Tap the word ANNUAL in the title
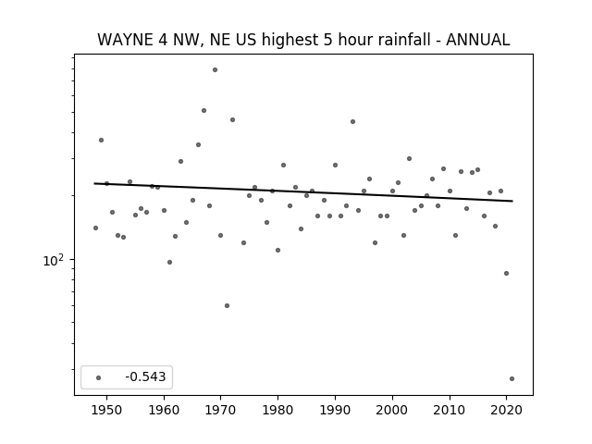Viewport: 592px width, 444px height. [x=478, y=40]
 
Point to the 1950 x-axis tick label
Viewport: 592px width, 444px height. [x=107, y=410]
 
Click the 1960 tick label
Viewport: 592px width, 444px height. [x=164, y=410]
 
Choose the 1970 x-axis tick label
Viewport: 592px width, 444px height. [x=221, y=410]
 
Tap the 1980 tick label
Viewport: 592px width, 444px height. [x=277, y=410]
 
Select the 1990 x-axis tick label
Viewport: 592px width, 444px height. [x=335, y=410]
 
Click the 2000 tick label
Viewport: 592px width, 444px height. [x=392, y=410]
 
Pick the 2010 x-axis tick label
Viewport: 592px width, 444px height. [x=450, y=410]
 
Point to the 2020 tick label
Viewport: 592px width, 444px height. [x=506, y=410]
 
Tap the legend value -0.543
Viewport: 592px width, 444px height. [x=145, y=376]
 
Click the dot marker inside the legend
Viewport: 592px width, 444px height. [x=99, y=377]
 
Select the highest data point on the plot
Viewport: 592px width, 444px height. [x=215, y=70]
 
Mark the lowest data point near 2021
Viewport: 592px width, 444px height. [x=512, y=378]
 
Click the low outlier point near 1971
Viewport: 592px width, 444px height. [x=227, y=306]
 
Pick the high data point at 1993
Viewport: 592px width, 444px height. [x=352, y=121]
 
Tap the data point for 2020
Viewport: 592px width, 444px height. [x=506, y=274]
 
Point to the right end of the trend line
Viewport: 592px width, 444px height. [x=512, y=201]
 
